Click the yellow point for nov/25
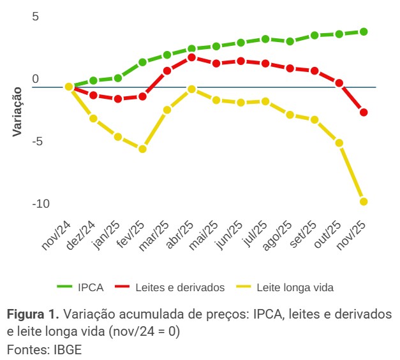(x=364, y=201)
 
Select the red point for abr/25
(x=191, y=57)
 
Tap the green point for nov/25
(x=364, y=31)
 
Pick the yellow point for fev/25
(x=142, y=149)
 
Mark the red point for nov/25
(x=364, y=113)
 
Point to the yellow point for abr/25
(x=191, y=89)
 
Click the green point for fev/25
(x=142, y=62)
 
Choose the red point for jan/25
(x=118, y=99)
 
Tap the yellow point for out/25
(x=339, y=143)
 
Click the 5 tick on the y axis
(x=35, y=17)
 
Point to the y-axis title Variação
(x=17, y=111)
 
